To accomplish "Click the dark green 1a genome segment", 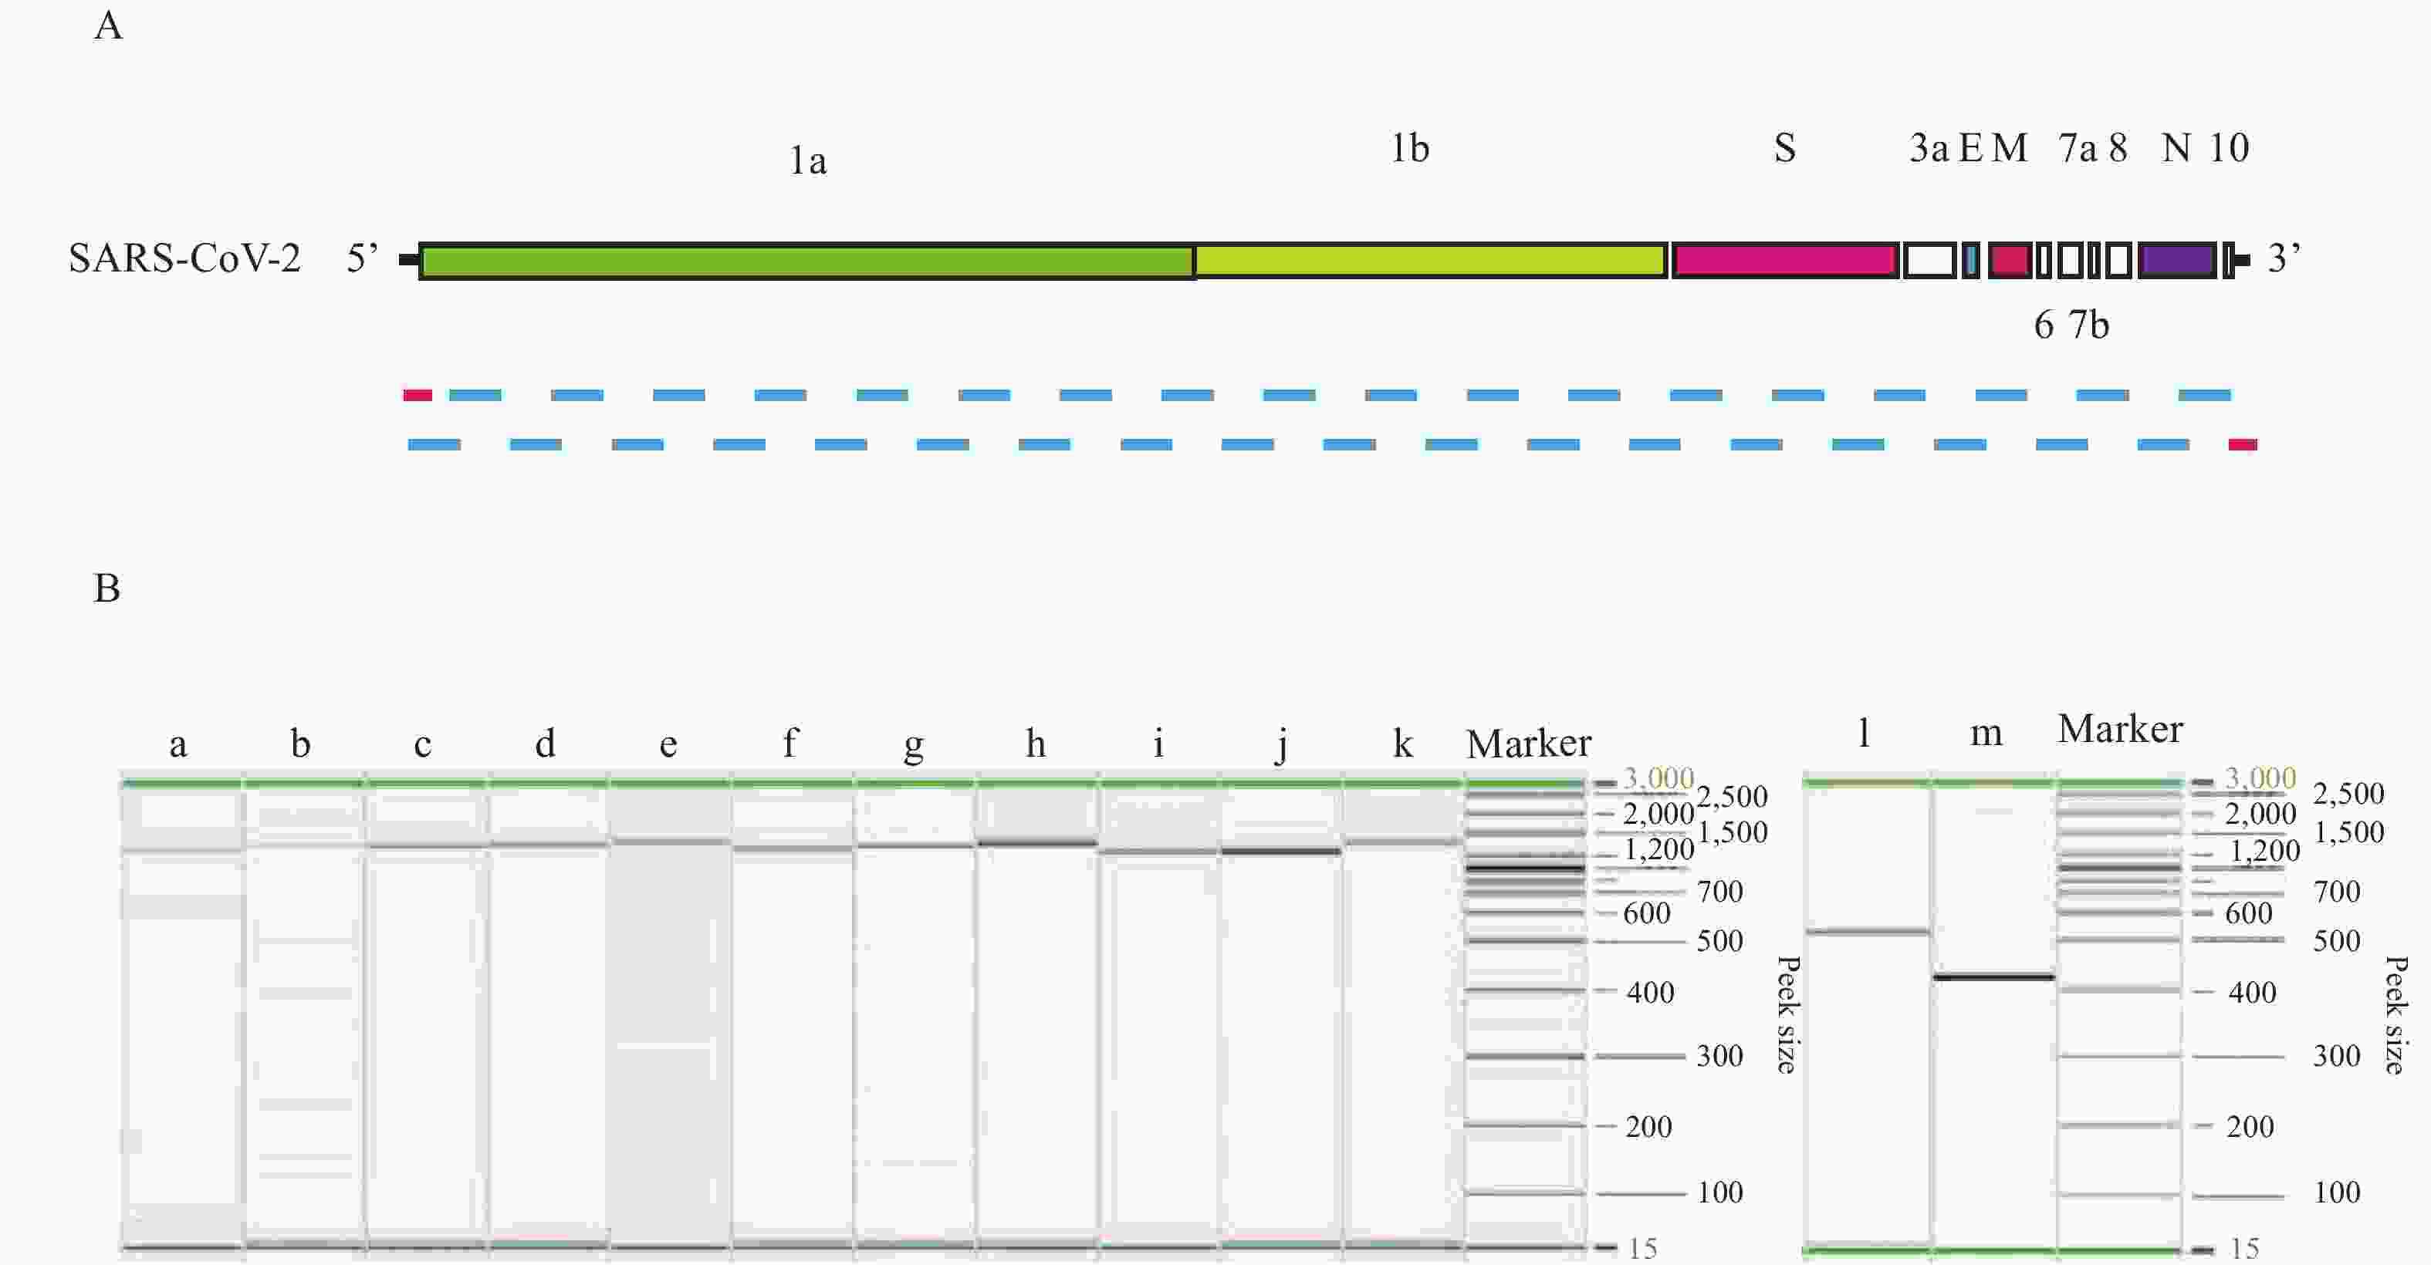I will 807,261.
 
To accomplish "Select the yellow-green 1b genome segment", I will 1430,261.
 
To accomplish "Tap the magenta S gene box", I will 1784,261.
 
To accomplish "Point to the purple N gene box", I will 2176,261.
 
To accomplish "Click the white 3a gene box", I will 1929,261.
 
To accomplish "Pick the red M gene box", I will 2009,261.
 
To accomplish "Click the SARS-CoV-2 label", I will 185,258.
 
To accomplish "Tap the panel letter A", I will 109,26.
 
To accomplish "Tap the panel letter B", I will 107,589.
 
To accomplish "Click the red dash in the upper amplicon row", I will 417,395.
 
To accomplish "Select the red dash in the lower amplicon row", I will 2242,444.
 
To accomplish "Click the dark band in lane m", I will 1993,977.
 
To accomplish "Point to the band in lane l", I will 1866,932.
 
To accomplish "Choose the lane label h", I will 1035,744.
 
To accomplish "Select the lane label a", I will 178,745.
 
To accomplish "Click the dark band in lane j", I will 1280,852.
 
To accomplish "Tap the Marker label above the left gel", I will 1528,744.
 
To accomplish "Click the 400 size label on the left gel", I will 1650,993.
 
